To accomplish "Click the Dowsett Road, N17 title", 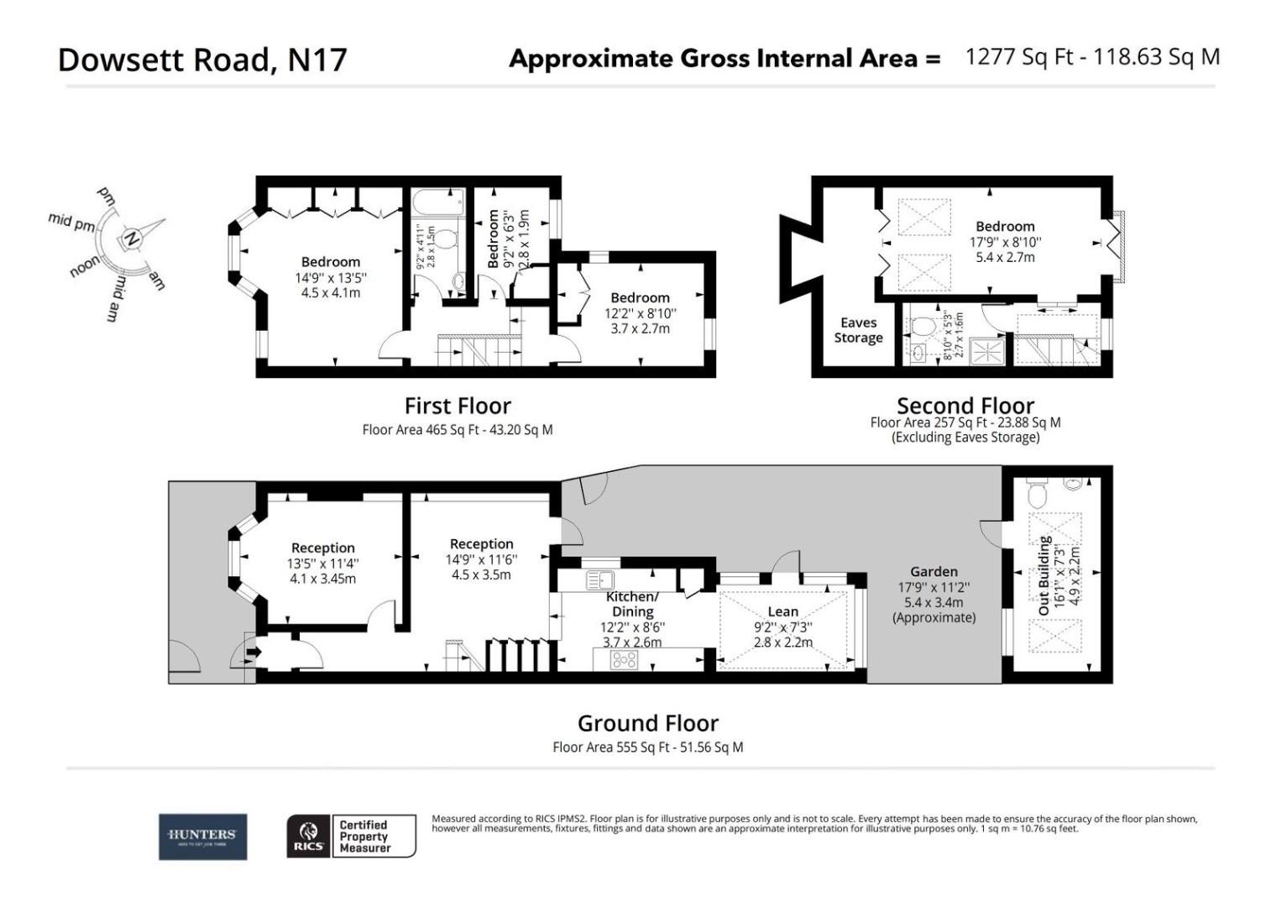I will [201, 60].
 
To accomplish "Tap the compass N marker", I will [131, 239].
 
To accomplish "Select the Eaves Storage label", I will [857, 330].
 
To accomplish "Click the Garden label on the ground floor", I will [934, 571].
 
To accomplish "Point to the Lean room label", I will [782, 611].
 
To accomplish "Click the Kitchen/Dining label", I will [632, 604].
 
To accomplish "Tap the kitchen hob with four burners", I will [624, 659].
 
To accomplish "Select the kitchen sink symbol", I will [599, 580].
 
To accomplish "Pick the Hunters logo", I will [202, 836].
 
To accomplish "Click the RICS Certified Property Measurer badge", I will [351, 836].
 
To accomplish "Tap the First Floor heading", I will [458, 406].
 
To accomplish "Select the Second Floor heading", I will [965, 406].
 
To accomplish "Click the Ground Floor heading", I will [647, 723].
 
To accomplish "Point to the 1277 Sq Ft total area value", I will [1019, 57].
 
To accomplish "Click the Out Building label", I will [1044, 575].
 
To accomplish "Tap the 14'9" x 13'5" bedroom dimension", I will [331, 278].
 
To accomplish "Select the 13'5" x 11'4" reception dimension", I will [322, 564].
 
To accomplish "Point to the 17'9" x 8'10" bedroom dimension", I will [1005, 242].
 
